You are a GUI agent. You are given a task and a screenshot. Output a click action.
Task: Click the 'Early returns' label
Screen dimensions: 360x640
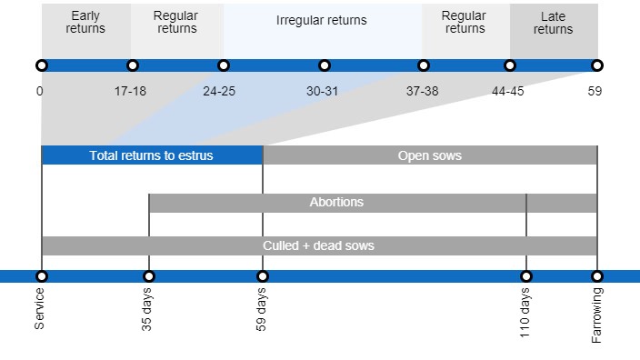point(85,22)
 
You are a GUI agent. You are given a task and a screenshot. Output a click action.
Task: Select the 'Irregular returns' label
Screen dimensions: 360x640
point(322,20)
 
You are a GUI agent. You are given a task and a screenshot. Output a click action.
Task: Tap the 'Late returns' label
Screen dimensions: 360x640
point(553,23)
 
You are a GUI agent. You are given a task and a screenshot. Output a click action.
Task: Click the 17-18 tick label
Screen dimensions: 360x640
point(131,91)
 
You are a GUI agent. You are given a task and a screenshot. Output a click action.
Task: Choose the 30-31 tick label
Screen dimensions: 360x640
point(323,91)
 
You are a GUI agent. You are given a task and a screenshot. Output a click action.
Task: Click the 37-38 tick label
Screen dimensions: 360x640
point(423,91)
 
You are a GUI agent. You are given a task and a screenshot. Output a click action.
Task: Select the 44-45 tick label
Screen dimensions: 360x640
point(508,91)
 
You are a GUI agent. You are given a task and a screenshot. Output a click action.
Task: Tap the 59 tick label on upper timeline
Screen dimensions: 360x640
point(595,91)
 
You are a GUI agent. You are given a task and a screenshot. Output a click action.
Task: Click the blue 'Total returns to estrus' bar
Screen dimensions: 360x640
point(152,155)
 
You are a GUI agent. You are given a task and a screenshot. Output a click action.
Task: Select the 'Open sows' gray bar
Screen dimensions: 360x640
point(430,155)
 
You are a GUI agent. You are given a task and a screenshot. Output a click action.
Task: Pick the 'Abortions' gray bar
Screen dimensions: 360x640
point(336,202)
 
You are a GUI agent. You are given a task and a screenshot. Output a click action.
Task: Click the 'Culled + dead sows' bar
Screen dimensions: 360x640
point(319,245)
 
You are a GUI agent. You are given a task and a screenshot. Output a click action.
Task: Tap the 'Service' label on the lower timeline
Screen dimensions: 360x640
point(40,308)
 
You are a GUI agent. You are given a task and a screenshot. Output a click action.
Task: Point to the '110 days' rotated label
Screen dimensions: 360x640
point(525,314)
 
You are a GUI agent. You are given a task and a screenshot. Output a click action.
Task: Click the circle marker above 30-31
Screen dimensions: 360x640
point(325,65)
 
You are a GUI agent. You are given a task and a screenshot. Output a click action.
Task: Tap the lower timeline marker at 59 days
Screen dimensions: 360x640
point(263,276)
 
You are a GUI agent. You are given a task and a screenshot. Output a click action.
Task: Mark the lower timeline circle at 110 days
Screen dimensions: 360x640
point(525,276)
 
